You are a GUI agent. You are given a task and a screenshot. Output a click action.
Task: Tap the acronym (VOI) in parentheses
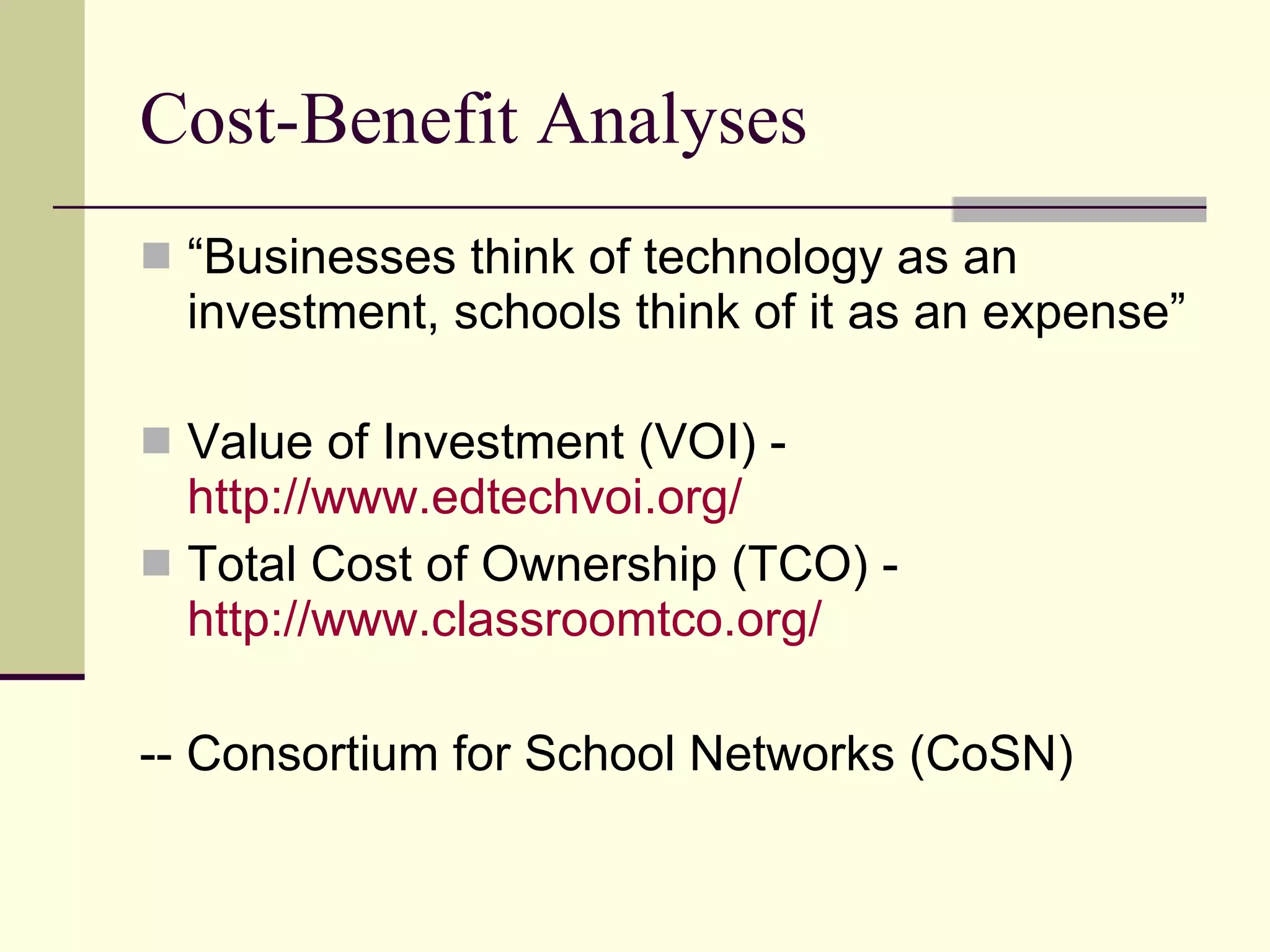(698, 441)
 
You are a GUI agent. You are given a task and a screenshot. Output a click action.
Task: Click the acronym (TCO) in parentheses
(800, 564)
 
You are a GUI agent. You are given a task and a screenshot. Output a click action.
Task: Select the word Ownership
(599, 564)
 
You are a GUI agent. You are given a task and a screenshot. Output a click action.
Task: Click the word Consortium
(313, 754)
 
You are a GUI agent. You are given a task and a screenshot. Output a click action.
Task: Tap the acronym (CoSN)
(992, 754)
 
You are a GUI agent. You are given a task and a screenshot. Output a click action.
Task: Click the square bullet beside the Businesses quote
(156, 256)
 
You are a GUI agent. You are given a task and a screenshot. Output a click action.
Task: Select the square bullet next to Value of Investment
(156, 441)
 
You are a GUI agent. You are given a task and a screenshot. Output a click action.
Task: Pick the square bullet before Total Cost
(156, 563)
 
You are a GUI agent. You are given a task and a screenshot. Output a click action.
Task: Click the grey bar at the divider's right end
(1079, 209)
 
